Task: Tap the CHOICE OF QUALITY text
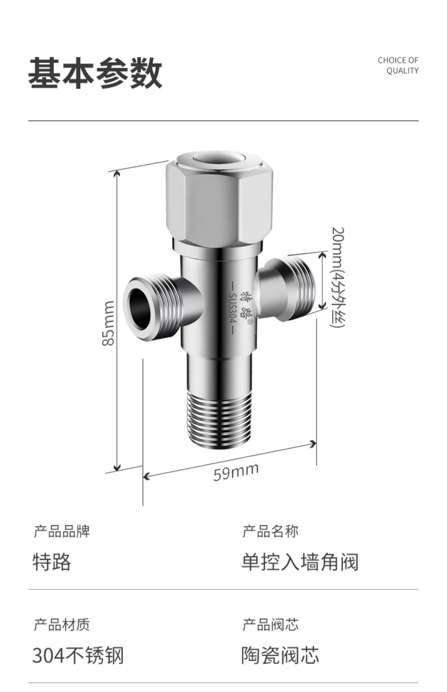click(398, 65)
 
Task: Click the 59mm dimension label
click(235, 472)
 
